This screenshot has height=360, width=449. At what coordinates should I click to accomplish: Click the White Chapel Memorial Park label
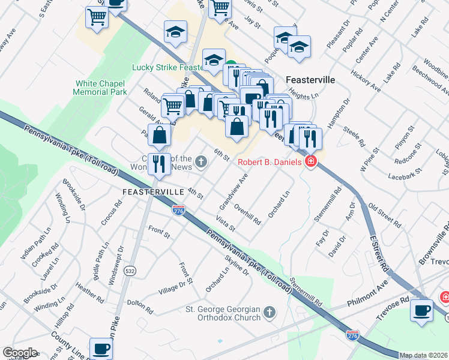(100, 88)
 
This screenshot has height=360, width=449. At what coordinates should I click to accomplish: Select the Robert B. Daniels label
(270, 161)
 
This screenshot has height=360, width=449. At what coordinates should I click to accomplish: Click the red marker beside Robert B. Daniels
(310, 161)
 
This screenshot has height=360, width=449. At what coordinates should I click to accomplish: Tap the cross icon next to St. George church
(270, 313)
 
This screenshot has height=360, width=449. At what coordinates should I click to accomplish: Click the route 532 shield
(130, 271)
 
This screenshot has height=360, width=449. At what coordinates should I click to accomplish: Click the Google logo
(19, 352)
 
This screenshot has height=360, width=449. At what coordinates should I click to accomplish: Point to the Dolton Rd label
(139, 307)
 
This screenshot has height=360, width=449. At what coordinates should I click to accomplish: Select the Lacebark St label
(402, 176)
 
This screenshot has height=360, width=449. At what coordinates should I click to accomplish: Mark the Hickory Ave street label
(367, 82)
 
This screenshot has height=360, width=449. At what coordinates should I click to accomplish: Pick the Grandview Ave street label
(234, 191)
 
